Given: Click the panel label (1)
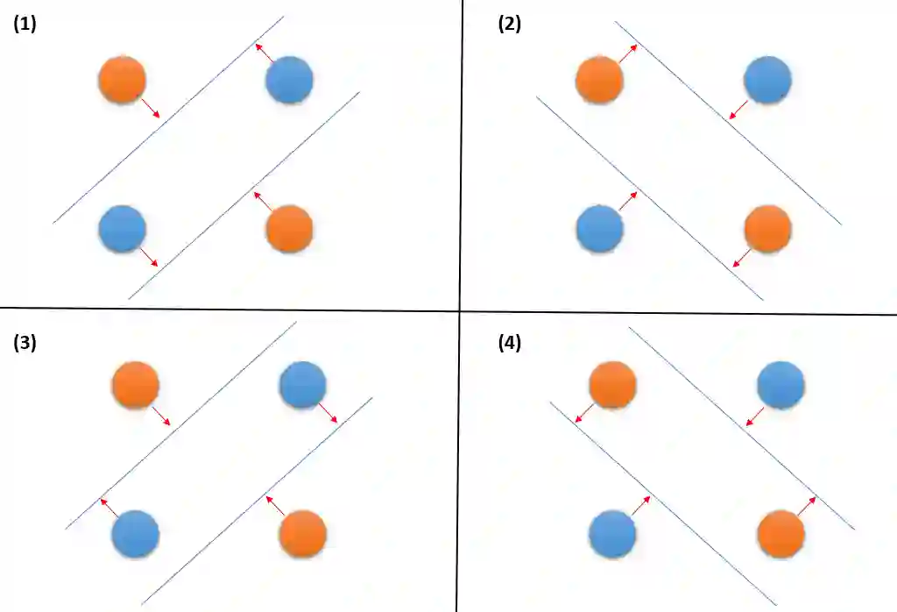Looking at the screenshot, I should click(25, 25).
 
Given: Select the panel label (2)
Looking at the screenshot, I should click(509, 25).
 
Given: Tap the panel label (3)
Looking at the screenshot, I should click(25, 343).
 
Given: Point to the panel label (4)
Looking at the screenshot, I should click(509, 343).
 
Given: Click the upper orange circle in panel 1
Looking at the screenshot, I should click(122, 80).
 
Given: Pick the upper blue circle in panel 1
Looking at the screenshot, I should click(289, 80).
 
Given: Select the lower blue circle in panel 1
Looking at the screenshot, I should click(122, 229).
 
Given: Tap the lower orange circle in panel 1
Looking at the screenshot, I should click(289, 229).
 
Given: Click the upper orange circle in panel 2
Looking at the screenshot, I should click(599, 80).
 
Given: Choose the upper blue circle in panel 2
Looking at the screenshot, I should click(767, 80).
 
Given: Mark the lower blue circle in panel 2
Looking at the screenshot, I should click(599, 229).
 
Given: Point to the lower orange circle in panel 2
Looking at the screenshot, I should click(767, 229).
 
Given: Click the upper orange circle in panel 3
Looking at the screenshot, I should click(136, 386).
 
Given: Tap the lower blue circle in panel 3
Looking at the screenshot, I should click(136, 534).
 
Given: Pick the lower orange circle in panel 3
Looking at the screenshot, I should click(302, 534).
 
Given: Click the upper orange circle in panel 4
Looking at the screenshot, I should click(612, 386).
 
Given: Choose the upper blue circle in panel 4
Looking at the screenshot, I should click(780, 386).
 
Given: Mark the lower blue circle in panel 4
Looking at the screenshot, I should click(612, 534).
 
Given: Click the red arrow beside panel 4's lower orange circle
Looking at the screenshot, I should click(807, 506).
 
